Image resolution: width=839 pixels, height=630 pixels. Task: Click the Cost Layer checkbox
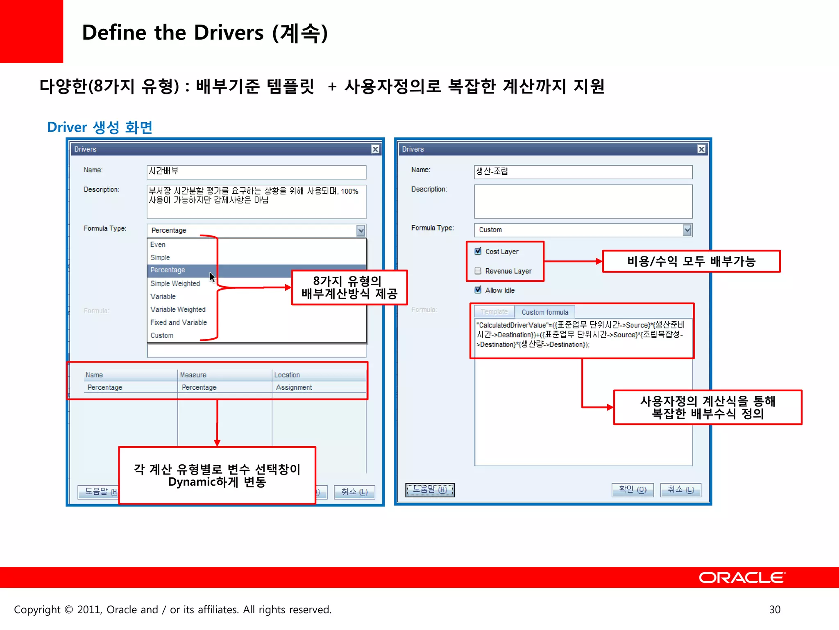[478, 251]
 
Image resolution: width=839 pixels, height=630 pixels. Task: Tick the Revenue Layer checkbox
[478, 271]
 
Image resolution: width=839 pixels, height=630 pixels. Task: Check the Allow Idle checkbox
[478, 290]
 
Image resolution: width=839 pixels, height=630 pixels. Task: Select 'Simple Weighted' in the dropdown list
[175, 283]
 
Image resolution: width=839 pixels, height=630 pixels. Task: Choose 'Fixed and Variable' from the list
[178, 322]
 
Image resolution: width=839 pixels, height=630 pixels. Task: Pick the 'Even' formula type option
[158, 244]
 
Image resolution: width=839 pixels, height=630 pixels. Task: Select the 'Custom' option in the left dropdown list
[162, 336]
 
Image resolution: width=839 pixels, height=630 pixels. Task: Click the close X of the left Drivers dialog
[375, 149]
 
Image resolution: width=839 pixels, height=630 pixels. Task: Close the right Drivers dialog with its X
[701, 149]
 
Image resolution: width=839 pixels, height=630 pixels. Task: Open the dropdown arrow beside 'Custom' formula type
[687, 230]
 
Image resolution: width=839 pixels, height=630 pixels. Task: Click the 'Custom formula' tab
[544, 312]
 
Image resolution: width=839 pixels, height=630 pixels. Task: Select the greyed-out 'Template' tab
[494, 312]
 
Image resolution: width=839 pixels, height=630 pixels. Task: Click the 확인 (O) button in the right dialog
[632, 490]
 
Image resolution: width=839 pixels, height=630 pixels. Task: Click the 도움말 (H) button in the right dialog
[430, 490]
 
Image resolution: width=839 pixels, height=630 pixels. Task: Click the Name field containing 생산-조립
[583, 172]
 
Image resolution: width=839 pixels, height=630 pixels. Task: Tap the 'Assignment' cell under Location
[294, 387]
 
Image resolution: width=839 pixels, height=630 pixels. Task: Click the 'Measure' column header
[193, 375]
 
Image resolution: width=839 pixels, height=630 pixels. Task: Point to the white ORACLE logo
[742, 577]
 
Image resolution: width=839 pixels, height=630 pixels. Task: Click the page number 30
[775, 609]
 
